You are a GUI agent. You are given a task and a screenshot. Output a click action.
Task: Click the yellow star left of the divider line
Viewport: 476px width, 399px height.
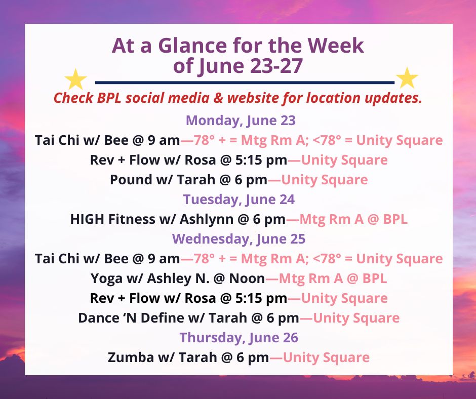75,79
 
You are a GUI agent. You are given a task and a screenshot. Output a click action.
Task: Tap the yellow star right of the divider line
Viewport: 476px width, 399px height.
407,78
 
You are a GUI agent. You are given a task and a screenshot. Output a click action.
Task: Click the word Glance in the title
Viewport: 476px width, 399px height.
192,46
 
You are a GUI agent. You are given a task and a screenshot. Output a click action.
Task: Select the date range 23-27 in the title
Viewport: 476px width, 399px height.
276,66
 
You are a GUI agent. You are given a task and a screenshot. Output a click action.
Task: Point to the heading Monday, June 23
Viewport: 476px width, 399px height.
241,121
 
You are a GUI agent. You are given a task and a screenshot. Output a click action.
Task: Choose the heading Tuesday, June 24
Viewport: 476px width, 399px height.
239,200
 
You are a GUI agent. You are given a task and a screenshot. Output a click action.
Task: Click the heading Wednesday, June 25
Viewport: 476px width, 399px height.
239,239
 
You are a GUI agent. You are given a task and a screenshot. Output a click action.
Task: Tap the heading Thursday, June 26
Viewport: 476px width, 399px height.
239,338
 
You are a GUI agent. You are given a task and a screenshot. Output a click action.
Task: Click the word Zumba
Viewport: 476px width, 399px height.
131,357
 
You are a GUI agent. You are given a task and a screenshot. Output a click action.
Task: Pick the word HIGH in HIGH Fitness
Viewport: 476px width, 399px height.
87,219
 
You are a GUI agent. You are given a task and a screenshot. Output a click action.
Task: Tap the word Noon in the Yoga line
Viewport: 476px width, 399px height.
247,278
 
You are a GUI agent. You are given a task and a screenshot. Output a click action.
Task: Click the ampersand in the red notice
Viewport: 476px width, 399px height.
218,98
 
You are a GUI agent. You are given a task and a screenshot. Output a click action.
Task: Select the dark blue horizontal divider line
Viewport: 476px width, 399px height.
245,83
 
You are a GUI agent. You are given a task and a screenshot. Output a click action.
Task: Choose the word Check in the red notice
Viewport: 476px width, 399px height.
73,98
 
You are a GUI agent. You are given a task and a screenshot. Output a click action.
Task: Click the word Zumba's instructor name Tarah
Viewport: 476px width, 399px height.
197,357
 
